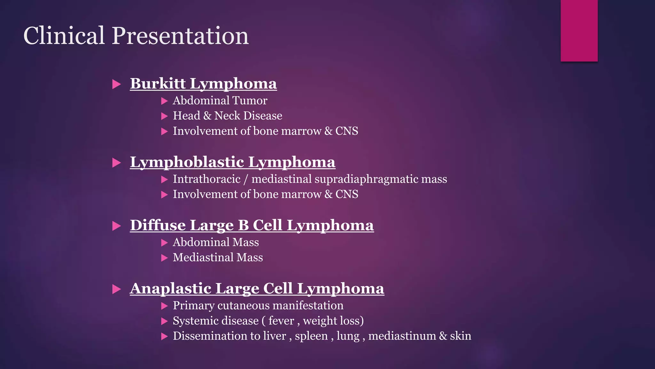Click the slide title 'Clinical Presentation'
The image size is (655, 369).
136,36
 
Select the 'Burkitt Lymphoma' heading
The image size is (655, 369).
203,84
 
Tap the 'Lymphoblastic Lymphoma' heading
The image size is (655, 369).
233,162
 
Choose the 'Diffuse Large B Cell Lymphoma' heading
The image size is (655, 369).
252,225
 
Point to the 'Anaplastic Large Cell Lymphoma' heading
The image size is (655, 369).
257,288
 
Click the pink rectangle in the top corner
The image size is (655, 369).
579,30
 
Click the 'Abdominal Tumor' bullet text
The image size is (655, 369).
220,101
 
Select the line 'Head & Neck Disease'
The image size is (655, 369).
227,116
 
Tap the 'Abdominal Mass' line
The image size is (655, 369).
216,242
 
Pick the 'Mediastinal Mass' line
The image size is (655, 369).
218,258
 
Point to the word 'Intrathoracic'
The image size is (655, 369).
207,179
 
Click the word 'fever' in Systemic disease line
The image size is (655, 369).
281,321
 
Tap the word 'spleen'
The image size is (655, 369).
311,336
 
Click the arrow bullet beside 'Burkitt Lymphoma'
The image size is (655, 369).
117,85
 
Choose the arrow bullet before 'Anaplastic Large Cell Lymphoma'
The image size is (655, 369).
117,290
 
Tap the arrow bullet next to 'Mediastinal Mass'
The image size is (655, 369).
164,258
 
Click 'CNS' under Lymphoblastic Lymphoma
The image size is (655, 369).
347,194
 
